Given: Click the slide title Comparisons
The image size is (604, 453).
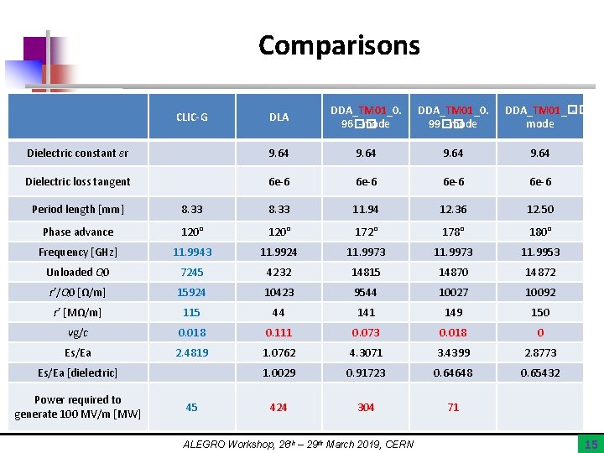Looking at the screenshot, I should click(339, 44).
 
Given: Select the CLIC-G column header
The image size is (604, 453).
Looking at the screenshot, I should click(191, 117).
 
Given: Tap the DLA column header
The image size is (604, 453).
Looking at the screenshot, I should click(279, 117).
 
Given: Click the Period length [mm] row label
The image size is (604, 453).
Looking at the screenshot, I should click(78, 210).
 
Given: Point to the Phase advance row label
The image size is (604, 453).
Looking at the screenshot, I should click(78, 232).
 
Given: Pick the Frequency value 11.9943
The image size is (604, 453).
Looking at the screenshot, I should click(191, 252).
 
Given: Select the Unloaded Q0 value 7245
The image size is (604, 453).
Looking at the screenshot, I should click(191, 272).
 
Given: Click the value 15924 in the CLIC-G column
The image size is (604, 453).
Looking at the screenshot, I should click(191, 292).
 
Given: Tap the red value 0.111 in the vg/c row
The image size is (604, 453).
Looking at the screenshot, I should click(279, 332).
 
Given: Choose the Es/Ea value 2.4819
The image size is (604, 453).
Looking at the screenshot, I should click(191, 352).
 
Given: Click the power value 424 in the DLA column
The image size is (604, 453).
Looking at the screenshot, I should click(279, 407).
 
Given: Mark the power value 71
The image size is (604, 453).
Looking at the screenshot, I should click(453, 407).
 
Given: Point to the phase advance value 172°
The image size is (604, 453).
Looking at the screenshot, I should click(366, 232).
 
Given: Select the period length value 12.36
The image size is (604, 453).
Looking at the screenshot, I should click(453, 210).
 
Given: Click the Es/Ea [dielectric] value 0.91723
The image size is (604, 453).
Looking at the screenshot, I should click(366, 372).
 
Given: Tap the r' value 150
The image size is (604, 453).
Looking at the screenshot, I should click(540, 312).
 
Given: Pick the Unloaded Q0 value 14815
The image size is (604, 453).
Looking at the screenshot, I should click(366, 272).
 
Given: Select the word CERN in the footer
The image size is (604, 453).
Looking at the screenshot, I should click(397, 444).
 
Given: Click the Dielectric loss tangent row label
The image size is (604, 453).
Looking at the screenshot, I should click(78, 181).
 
